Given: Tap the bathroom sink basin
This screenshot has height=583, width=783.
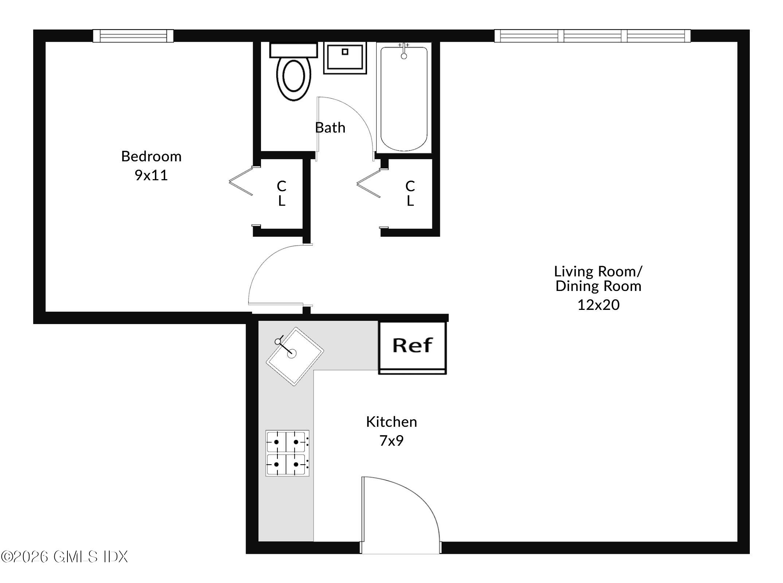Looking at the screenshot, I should tap(345, 58).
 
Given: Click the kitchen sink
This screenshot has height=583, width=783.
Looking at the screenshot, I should tap(295, 356).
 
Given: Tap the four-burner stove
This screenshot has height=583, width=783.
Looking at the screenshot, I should tap(287, 453).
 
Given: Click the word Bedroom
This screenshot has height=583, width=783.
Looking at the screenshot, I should tap(151, 156).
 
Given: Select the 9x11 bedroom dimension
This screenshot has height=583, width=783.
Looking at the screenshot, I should tap(151, 176).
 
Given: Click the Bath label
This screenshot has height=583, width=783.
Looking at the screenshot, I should tap(330, 128).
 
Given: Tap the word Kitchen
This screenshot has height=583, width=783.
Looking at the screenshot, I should tap(391, 422).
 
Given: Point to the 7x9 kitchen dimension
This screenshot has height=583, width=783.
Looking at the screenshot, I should tap(391, 441).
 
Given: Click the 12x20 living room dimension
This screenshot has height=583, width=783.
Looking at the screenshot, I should tap(598, 305).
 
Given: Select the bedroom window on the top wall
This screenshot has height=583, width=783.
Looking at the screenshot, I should tap(133, 36).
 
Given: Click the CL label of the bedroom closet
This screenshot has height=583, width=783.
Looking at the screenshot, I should tap(281, 193).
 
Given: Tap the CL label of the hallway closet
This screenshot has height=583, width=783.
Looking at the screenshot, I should tap(410, 193).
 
